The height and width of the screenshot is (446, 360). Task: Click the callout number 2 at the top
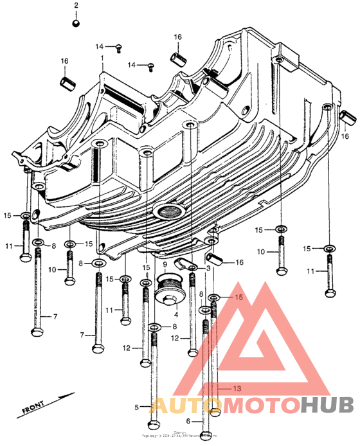[76, 6]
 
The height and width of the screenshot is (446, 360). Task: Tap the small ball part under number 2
[76, 24]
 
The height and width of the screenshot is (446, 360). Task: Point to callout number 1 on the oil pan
[101, 58]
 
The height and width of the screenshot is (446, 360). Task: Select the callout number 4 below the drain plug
[175, 314]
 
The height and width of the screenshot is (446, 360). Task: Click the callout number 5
[137, 407]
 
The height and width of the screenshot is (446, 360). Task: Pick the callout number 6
[189, 421]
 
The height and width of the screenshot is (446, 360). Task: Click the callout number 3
[209, 268]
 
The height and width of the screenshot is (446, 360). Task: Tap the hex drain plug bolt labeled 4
[170, 299]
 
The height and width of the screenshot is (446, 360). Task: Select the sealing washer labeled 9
[170, 280]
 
